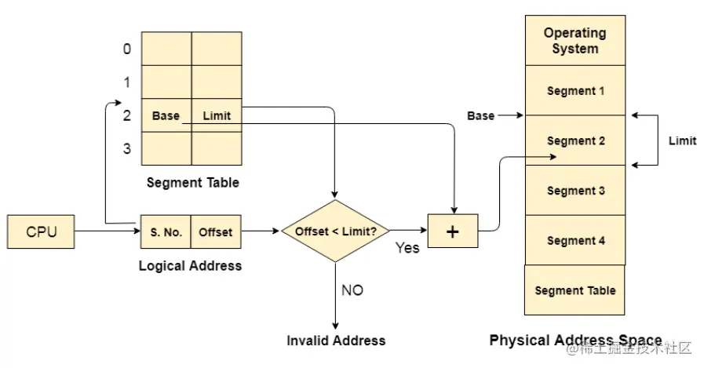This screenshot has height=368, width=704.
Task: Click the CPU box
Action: [42, 232]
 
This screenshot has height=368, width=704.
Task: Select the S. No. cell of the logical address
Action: [166, 232]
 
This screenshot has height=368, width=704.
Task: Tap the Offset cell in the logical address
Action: [215, 232]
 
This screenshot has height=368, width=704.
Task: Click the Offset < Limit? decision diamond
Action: [335, 231]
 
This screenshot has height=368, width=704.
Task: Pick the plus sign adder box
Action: [452, 232]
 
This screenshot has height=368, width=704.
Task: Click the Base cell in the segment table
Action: [166, 115]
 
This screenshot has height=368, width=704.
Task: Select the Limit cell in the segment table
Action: [217, 115]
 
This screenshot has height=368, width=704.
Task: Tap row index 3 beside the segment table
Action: [127, 148]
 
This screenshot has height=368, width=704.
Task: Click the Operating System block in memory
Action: [575, 41]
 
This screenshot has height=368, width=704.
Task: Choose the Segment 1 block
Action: [575, 91]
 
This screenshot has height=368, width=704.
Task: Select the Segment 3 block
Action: [575, 191]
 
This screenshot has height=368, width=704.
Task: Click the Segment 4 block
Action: [575, 241]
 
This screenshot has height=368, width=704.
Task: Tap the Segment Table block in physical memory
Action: [575, 290]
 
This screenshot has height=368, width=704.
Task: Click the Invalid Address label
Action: [336, 341]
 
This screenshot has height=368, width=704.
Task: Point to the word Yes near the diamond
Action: [407, 248]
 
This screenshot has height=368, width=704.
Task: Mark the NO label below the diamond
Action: [352, 290]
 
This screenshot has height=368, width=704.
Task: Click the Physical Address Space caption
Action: [575, 341]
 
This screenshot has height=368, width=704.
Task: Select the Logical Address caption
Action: [190, 265]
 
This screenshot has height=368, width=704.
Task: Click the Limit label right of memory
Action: [681, 140]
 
